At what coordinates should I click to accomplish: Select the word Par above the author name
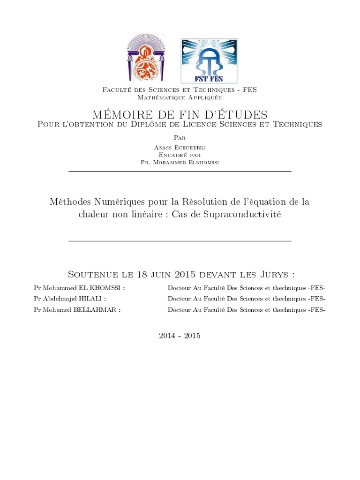click(x=180, y=138)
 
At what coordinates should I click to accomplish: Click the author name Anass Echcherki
click(x=180, y=147)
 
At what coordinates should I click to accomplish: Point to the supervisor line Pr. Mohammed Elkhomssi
click(x=180, y=162)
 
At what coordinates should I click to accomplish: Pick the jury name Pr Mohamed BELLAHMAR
click(x=77, y=310)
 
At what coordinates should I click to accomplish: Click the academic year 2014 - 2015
click(x=180, y=336)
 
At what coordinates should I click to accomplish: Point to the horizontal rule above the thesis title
click(x=180, y=172)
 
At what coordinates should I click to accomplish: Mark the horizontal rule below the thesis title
click(x=180, y=241)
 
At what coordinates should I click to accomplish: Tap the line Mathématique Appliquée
click(x=180, y=97)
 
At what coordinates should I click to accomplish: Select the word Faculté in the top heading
click(x=118, y=90)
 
